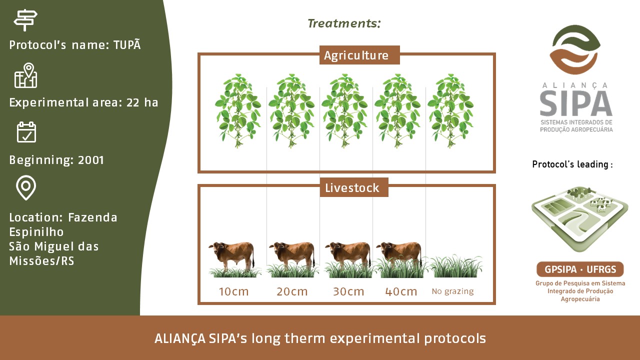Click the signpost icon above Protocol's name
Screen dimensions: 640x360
(25, 20)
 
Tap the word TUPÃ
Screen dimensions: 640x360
(127, 44)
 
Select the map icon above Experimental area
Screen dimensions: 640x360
(25, 75)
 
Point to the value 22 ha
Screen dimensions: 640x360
(142, 102)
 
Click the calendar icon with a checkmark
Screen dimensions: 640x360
(26, 132)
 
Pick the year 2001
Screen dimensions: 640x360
(91, 160)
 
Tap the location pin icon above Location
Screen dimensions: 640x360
(26, 187)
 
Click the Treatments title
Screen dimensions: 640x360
(344, 23)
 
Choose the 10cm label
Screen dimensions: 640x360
(233, 291)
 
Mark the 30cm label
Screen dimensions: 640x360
(348, 291)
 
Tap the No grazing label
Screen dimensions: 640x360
(452, 291)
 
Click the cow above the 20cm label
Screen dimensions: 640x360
(292, 255)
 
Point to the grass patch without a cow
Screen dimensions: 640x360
(456, 266)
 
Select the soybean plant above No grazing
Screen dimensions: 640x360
(450, 111)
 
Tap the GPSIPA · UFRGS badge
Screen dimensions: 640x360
(580, 269)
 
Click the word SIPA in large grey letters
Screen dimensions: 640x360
(575, 103)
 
